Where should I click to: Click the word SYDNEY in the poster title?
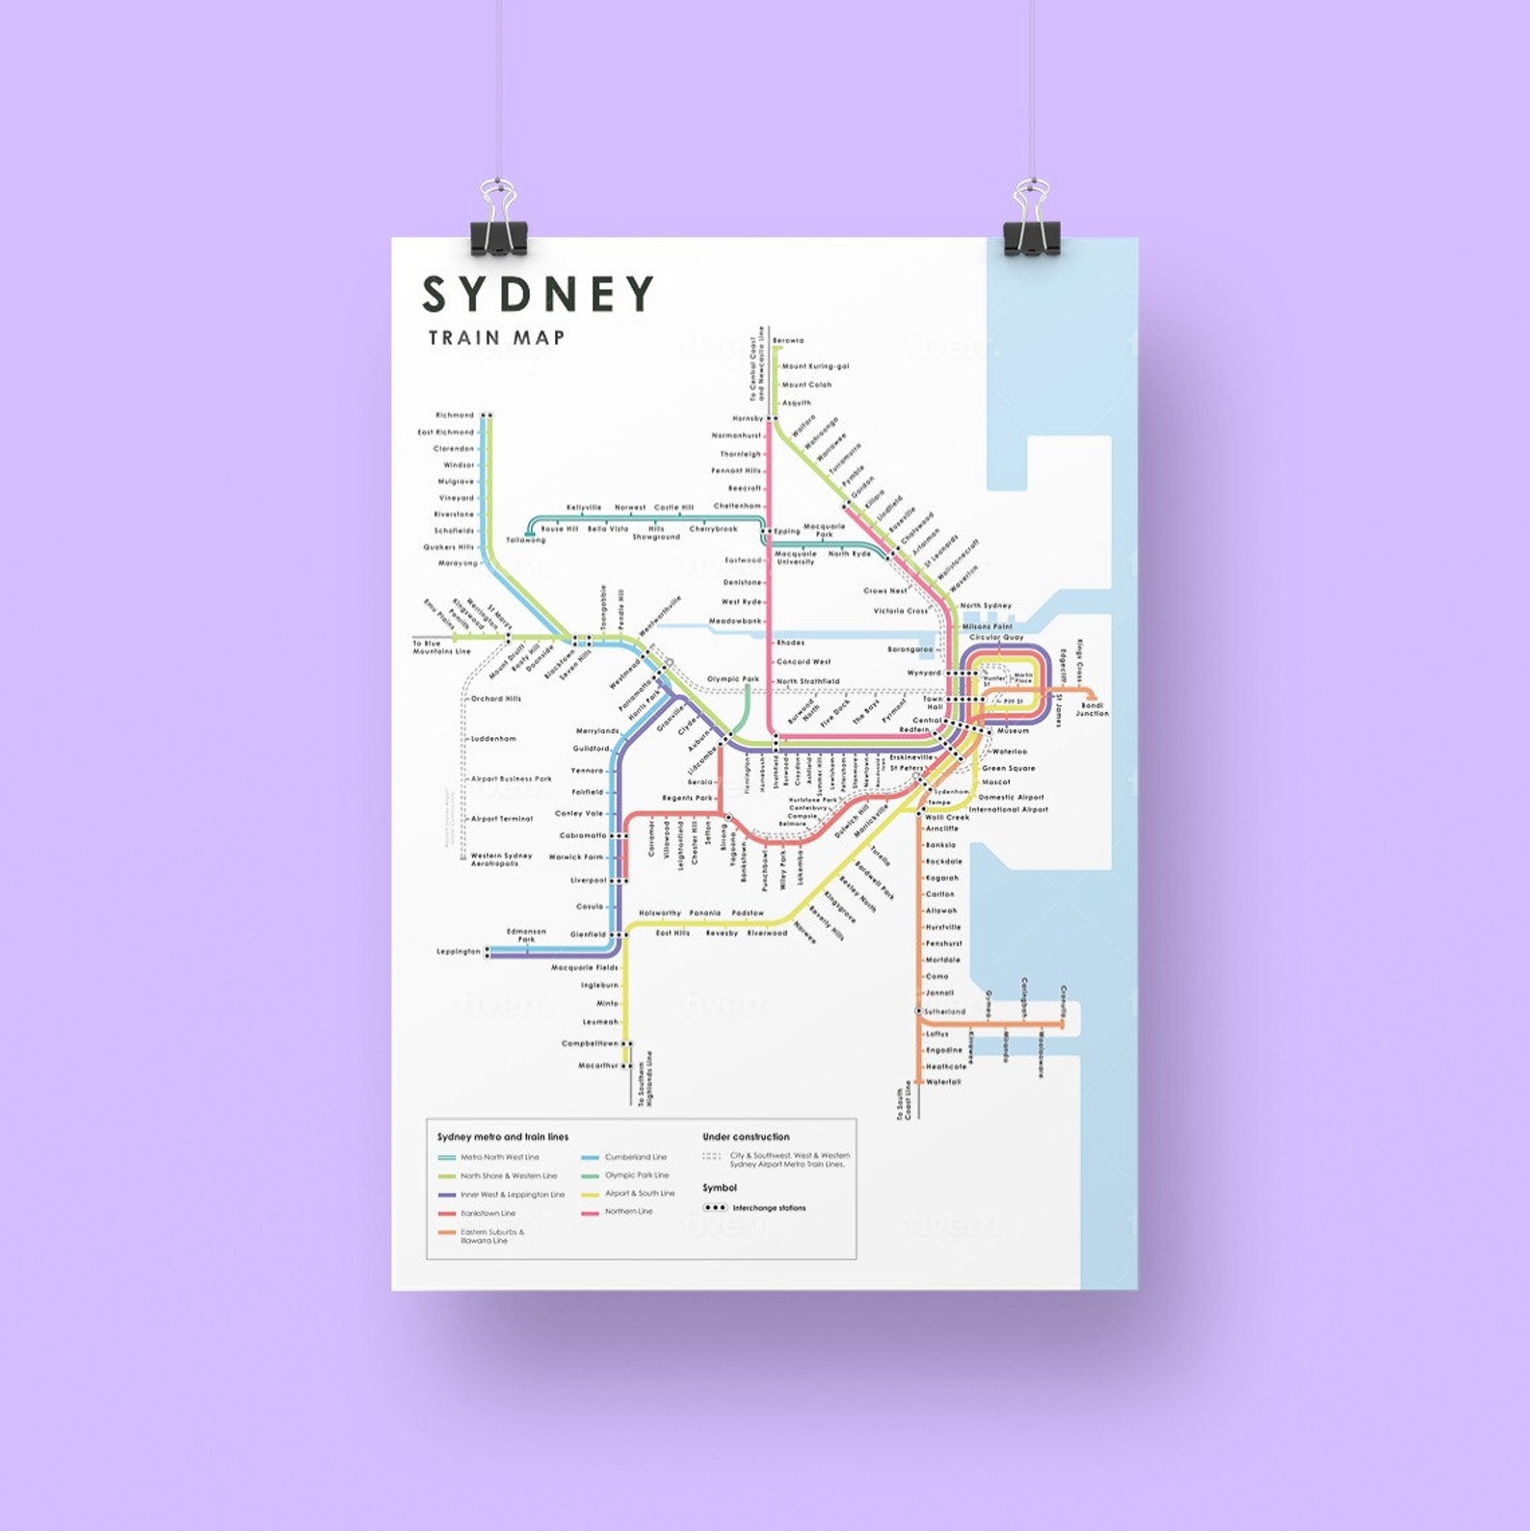[538, 295]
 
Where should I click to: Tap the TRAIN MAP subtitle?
[496, 338]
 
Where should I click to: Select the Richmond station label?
[455, 415]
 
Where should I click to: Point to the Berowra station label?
[788, 340]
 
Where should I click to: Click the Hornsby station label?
[748, 419]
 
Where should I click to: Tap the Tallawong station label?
[526, 541]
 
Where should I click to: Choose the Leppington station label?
[459, 952]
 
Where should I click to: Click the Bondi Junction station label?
[1092, 710]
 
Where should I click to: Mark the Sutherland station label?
[944, 1012]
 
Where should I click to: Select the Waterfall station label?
[943, 1082]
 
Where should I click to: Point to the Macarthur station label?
[597, 1066]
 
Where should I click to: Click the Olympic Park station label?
[733, 679]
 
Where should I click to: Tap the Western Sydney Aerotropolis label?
[501, 859]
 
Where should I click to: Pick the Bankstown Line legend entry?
[488, 1213]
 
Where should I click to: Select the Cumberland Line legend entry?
[635, 1157]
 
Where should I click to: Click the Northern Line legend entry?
[628, 1211]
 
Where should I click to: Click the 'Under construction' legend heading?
[746, 1137]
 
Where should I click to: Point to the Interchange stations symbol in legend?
[716, 1207]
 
